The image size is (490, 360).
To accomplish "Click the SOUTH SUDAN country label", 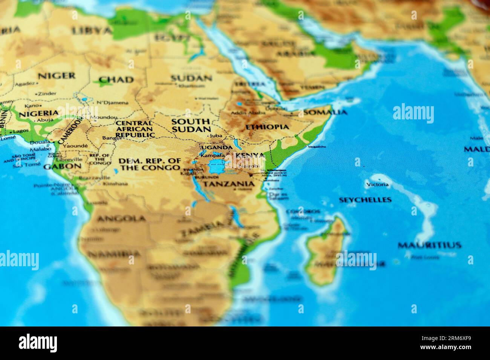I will pyautogui.click(x=191, y=125).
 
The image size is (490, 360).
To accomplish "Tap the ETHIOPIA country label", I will pyautogui.click(x=267, y=127).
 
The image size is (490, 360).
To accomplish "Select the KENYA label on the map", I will pyautogui.click(x=250, y=155).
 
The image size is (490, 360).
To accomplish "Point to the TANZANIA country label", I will pyautogui.click(x=229, y=184).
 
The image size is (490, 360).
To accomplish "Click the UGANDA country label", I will pyautogui.click(x=217, y=147).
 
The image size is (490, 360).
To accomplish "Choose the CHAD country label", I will pyautogui.click(x=116, y=80).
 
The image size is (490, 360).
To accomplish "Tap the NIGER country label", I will pyautogui.click(x=57, y=76).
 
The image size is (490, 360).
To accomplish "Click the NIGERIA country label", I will pyautogui.click(x=39, y=113).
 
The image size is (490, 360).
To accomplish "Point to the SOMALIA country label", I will pyautogui.click(x=325, y=112).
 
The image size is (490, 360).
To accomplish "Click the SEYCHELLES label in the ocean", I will pyautogui.click(x=365, y=200).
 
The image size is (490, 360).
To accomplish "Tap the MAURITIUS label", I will pyautogui.click(x=429, y=245).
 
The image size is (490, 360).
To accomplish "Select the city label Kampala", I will pyautogui.click(x=213, y=155).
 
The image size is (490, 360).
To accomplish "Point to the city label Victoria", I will pyautogui.click(x=377, y=185).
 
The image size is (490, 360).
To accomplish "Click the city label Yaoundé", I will pyautogui.click(x=75, y=146).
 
